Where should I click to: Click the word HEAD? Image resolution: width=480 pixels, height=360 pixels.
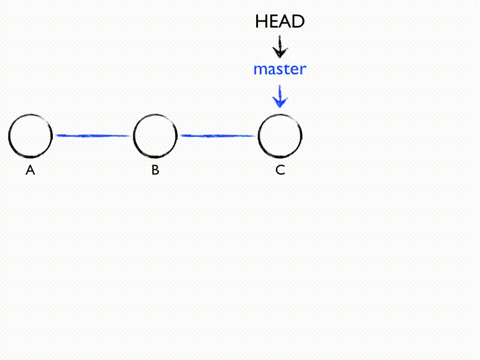click(x=280, y=22)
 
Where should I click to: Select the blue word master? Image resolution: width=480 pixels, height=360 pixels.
click(x=280, y=69)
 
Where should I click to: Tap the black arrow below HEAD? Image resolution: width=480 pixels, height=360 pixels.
click(x=280, y=46)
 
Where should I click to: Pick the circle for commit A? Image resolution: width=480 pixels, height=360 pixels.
click(x=31, y=136)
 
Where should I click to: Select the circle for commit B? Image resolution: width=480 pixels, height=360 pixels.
click(x=155, y=136)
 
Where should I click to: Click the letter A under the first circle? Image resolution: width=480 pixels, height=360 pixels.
click(x=31, y=170)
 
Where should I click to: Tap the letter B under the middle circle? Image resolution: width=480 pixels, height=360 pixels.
click(x=155, y=170)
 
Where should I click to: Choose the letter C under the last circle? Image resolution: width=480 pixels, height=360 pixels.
click(x=280, y=170)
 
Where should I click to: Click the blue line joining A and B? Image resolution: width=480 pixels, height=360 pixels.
click(x=93, y=136)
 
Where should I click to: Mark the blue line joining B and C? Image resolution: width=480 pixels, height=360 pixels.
click(x=218, y=136)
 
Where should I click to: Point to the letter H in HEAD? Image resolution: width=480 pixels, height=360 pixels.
click(x=261, y=22)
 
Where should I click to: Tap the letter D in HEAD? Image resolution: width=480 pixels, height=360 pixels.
click(x=298, y=22)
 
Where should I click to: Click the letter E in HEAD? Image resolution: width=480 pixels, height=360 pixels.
click(x=273, y=22)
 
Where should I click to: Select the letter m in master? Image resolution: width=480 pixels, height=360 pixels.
click(x=259, y=70)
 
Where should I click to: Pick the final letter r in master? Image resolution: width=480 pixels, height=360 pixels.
click(x=303, y=70)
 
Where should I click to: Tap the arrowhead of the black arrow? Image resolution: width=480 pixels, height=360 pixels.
click(x=280, y=53)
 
